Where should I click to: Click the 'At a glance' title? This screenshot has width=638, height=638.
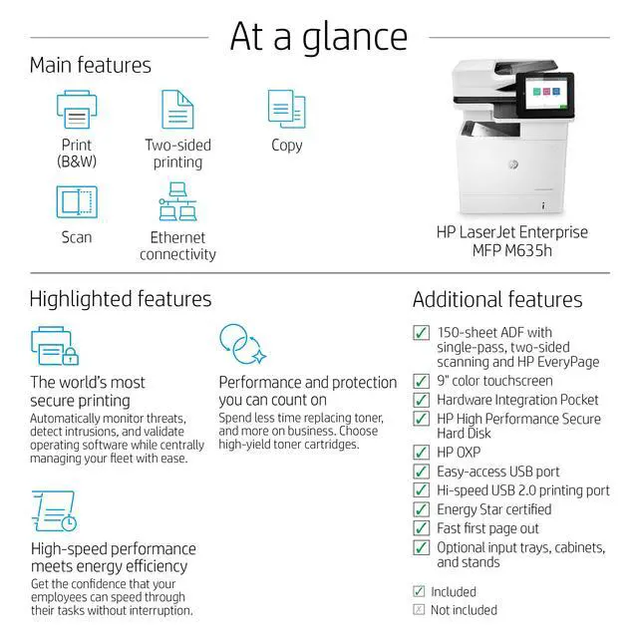tap(318, 36)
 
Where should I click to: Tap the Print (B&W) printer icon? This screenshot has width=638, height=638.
tap(77, 109)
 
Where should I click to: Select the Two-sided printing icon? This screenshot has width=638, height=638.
tap(177, 109)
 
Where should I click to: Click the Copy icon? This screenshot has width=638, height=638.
tap(286, 109)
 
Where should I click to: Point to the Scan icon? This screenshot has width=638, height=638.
tap(77, 202)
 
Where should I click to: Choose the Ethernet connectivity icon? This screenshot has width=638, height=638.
tap(177, 202)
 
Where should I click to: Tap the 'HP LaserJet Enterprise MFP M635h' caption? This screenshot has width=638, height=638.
tap(512, 241)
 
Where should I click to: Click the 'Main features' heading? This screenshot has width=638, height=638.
tap(90, 66)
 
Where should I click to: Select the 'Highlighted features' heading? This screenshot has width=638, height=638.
tap(120, 299)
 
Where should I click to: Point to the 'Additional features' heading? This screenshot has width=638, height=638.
tap(497, 299)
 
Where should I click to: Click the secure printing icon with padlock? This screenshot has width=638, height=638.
tap(54, 345)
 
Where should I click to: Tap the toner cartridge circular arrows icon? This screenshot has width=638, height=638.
tap(242, 345)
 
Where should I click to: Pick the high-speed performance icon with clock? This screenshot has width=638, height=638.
tap(54, 510)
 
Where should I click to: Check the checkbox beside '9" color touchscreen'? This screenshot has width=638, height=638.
tap(422, 381)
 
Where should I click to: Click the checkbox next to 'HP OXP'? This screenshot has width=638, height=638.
tap(422, 453)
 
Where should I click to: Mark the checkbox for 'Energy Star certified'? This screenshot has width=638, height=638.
tap(422, 509)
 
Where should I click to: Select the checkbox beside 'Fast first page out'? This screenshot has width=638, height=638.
tap(422, 528)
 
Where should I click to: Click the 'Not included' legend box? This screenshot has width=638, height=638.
tap(419, 610)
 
